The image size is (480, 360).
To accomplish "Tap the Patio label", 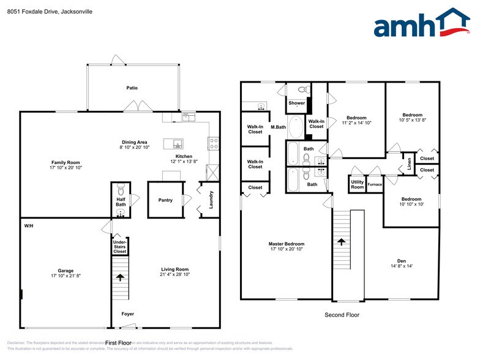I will point(132,88).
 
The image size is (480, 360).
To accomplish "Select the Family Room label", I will point(66,161).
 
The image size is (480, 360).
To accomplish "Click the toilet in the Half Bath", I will point(121,187).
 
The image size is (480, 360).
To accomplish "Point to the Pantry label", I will point(165,200).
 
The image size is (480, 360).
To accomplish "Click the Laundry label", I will point(211,200).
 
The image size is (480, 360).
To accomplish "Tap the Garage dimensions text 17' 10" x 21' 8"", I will point(66,276).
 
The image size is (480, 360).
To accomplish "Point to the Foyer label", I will point(127,314).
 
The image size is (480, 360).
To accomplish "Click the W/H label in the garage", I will point(28,226).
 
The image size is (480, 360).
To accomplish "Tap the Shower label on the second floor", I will point(297,103).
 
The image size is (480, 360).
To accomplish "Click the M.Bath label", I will point(279,127).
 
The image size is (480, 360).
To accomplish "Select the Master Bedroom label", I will point(287,244).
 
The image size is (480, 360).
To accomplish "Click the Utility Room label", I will point(357,184).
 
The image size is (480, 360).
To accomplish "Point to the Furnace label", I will point(375,184).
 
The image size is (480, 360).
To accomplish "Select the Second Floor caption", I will point(342,315).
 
